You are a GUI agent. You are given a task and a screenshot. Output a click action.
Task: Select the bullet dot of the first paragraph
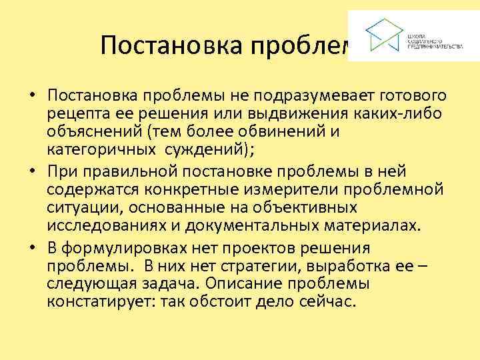31,97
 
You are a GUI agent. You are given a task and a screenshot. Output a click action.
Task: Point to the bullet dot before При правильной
31,173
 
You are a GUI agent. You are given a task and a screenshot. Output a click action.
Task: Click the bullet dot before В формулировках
31,249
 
